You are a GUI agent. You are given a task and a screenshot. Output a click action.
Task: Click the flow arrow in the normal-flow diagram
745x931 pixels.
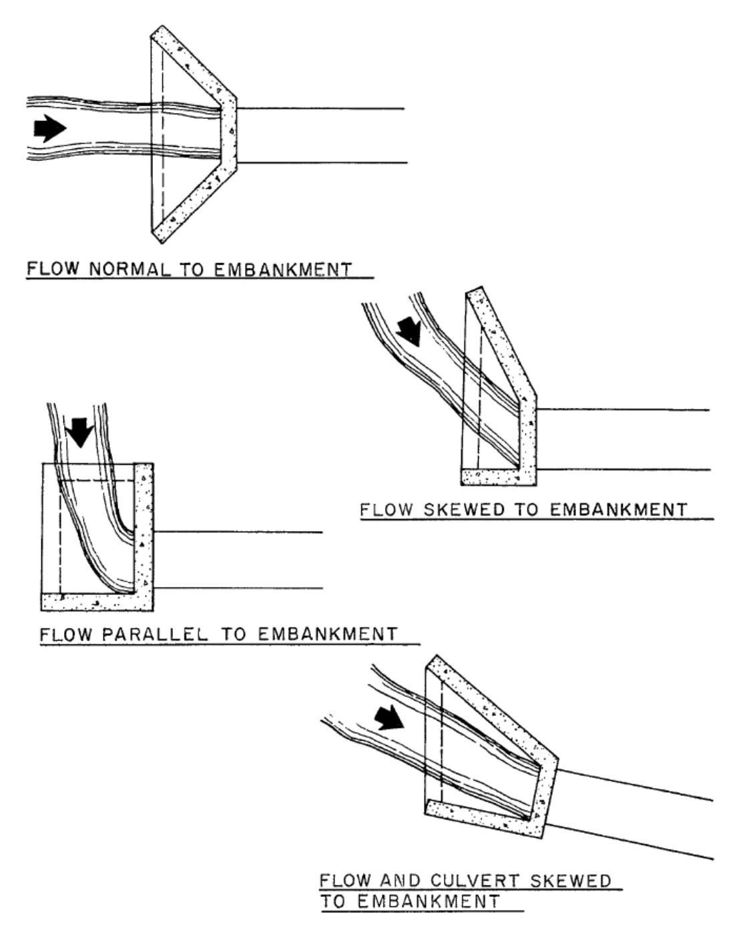[x=49, y=128]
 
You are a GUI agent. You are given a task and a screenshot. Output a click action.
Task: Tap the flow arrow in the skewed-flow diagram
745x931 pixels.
[x=409, y=331]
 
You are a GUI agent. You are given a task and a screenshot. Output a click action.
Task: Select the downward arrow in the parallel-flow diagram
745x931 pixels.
[x=81, y=432]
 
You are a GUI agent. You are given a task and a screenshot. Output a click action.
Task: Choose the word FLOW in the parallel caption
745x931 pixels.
[x=64, y=633]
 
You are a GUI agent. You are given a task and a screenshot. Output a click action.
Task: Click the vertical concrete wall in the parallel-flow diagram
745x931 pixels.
[x=144, y=528]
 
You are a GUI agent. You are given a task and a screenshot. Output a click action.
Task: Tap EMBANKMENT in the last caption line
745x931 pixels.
[x=428, y=902]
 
